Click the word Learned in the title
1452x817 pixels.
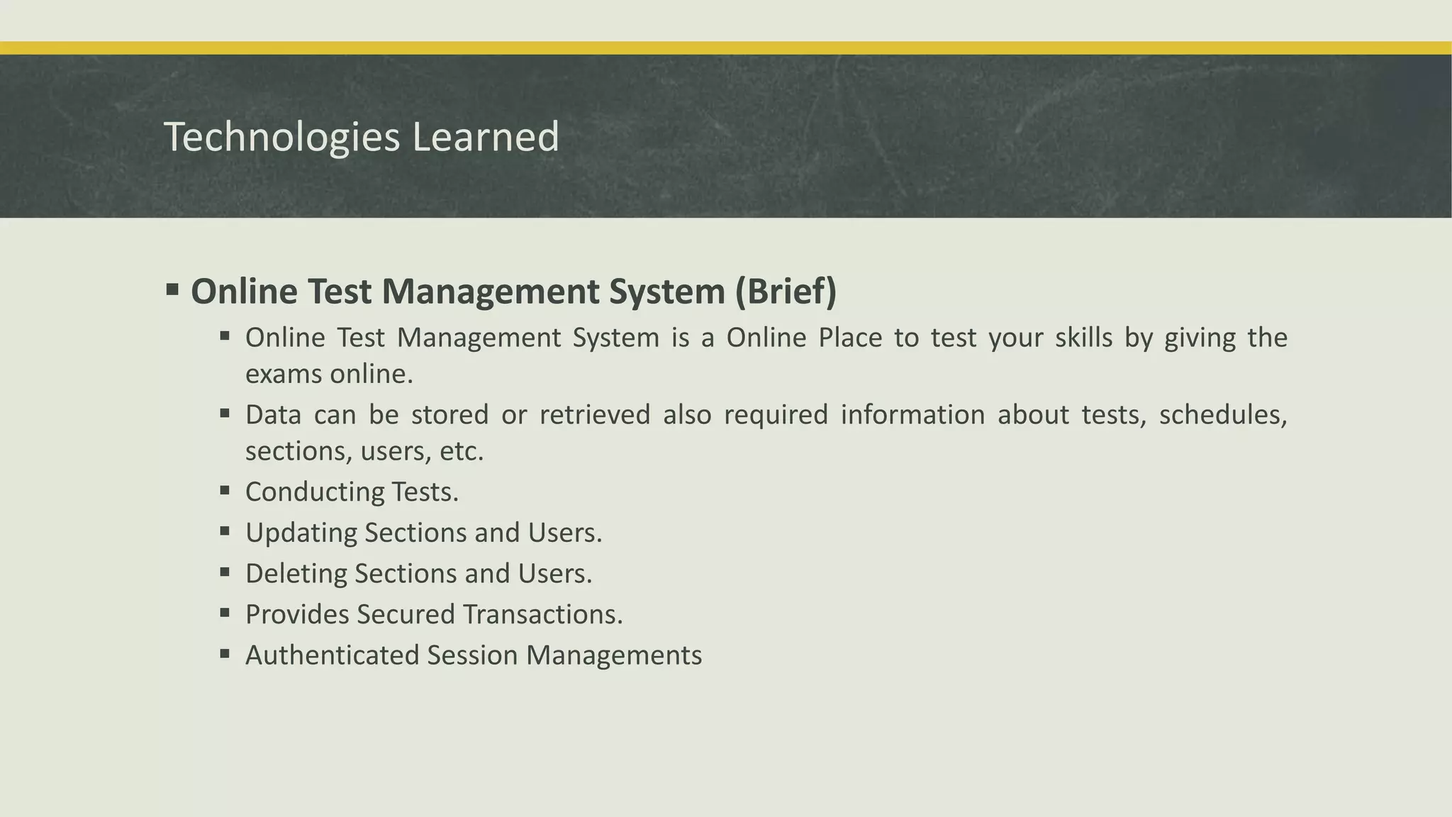[x=486, y=137]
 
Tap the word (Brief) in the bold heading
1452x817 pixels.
[x=786, y=291]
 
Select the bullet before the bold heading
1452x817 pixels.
[x=172, y=289]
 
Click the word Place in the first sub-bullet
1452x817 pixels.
[x=850, y=338]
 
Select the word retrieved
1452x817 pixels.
[x=594, y=415]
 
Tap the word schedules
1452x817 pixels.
[x=1222, y=415]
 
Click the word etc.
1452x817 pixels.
[x=462, y=452]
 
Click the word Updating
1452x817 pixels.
[x=301, y=533]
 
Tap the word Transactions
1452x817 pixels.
[x=542, y=614]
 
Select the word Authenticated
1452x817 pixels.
[x=333, y=655]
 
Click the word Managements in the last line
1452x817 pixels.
[x=613, y=655]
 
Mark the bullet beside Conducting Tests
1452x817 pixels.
[x=225, y=490]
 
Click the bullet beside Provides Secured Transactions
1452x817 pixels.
[x=225, y=612]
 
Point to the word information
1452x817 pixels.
[x=912, y=415]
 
